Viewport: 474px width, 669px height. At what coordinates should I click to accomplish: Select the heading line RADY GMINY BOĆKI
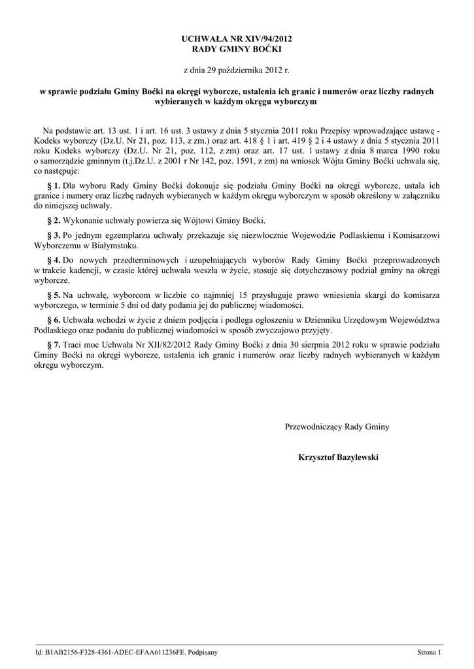pyautogui.click(x=236, y=50)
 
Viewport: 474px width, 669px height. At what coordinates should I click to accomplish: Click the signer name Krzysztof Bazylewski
pyautogui.click(x=338, y=457)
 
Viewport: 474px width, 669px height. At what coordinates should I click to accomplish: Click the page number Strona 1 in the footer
pyautogui.click(x=430, y=652)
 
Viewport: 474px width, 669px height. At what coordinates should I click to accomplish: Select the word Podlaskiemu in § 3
pyautogui.click(x=359, y=235)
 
